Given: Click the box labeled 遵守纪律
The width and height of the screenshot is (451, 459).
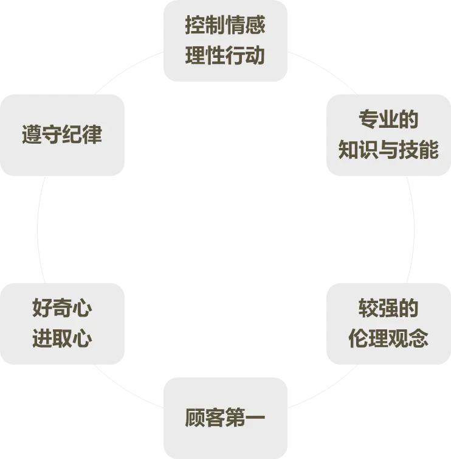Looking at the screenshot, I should click(x=62, y=135).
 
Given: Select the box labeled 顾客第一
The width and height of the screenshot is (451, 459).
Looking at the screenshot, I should click(x=225, y=418).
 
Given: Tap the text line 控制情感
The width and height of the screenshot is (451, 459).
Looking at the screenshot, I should click(x=225, y=26).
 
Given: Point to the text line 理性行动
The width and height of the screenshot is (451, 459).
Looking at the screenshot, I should click(x=225, y=56).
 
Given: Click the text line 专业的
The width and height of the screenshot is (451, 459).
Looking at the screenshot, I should click(x=388, y=120).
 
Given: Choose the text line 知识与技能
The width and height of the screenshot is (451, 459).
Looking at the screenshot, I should click(x=388, y=150).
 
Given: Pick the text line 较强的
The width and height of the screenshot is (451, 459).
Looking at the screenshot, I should click(x=388, y=309).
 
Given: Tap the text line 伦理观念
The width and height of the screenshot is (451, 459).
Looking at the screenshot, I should click(x=388, y=338).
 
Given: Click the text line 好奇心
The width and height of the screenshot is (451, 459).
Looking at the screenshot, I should click(x=62, y=309).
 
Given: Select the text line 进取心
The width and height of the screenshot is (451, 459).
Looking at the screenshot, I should click(x=62, y=338).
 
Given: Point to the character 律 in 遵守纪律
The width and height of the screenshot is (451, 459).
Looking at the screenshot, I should click(x=92, y=135).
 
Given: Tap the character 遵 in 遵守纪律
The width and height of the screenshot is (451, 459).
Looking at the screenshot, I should click(x=32, y=135).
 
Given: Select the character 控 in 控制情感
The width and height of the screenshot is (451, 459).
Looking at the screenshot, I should click(x=195, y=26).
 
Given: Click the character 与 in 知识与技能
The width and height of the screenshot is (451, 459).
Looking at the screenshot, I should click(x=388, y=150).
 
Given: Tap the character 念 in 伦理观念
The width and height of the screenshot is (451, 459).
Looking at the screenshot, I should click(x=419, y=338).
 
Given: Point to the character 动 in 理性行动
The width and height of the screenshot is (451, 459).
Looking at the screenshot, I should click(x=255, y=56).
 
